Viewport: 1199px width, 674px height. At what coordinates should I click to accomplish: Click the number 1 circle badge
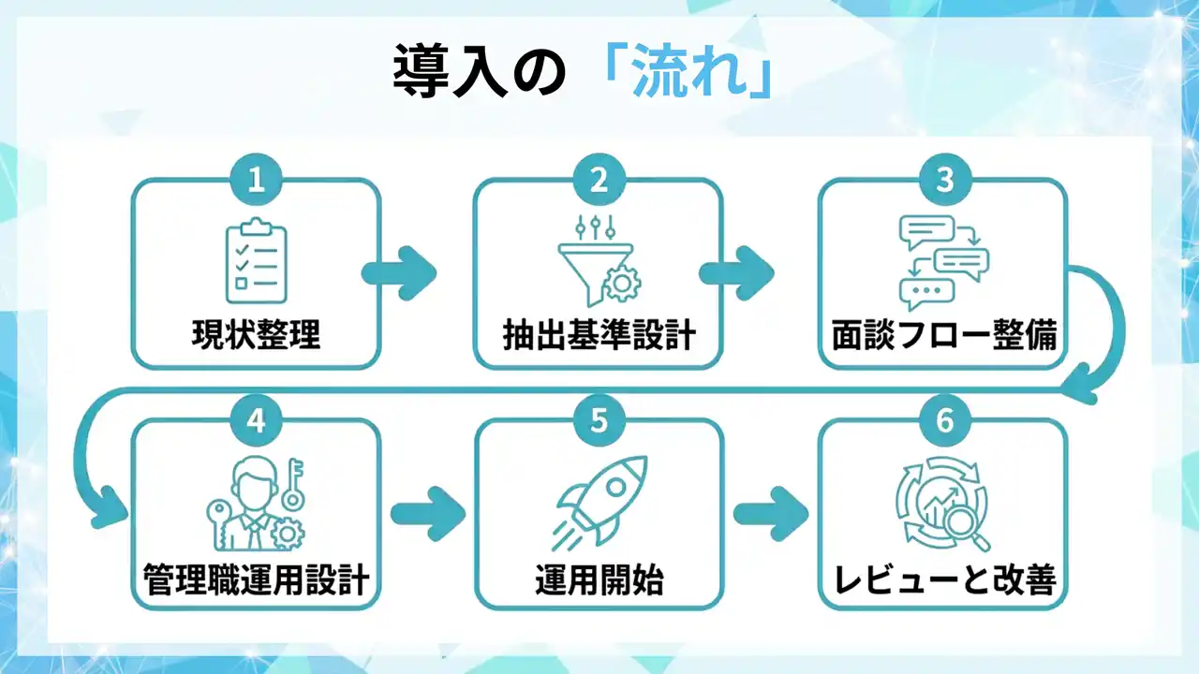click(256, 181)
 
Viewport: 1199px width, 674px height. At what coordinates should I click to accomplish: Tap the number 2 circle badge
click(599, 181)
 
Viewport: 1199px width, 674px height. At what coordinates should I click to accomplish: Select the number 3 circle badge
click(943, 181)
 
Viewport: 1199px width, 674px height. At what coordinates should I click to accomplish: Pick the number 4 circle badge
click(256, 420)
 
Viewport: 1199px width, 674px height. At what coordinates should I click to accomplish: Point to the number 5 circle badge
click(599, 420)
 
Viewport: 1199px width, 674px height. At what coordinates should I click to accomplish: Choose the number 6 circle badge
click(943, 420)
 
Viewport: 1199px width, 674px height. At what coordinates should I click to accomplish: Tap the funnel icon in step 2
click(592, 263)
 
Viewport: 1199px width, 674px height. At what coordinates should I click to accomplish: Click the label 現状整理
click(256, 335)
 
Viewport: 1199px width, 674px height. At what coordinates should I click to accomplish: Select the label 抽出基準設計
click(599, 335)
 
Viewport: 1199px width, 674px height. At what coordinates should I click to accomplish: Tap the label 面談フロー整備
click(943, 335)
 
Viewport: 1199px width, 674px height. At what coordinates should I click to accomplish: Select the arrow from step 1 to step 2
click(400, 272)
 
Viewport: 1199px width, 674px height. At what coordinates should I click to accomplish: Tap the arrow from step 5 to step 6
click(771, 513)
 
